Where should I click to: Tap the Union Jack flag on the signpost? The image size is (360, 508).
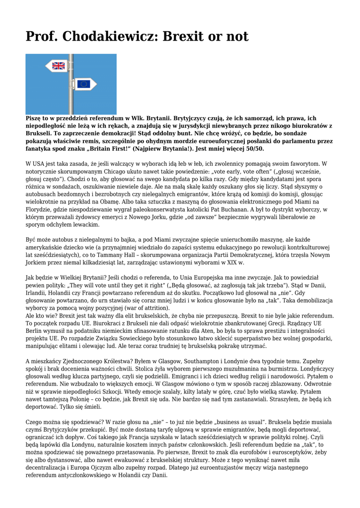click(x=59, y=65)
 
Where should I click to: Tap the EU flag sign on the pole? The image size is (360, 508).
click(x=83, y=84)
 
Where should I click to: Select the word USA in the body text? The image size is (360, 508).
click(x=41, y=163)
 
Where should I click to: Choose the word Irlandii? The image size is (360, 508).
click(x=37, y=294)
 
